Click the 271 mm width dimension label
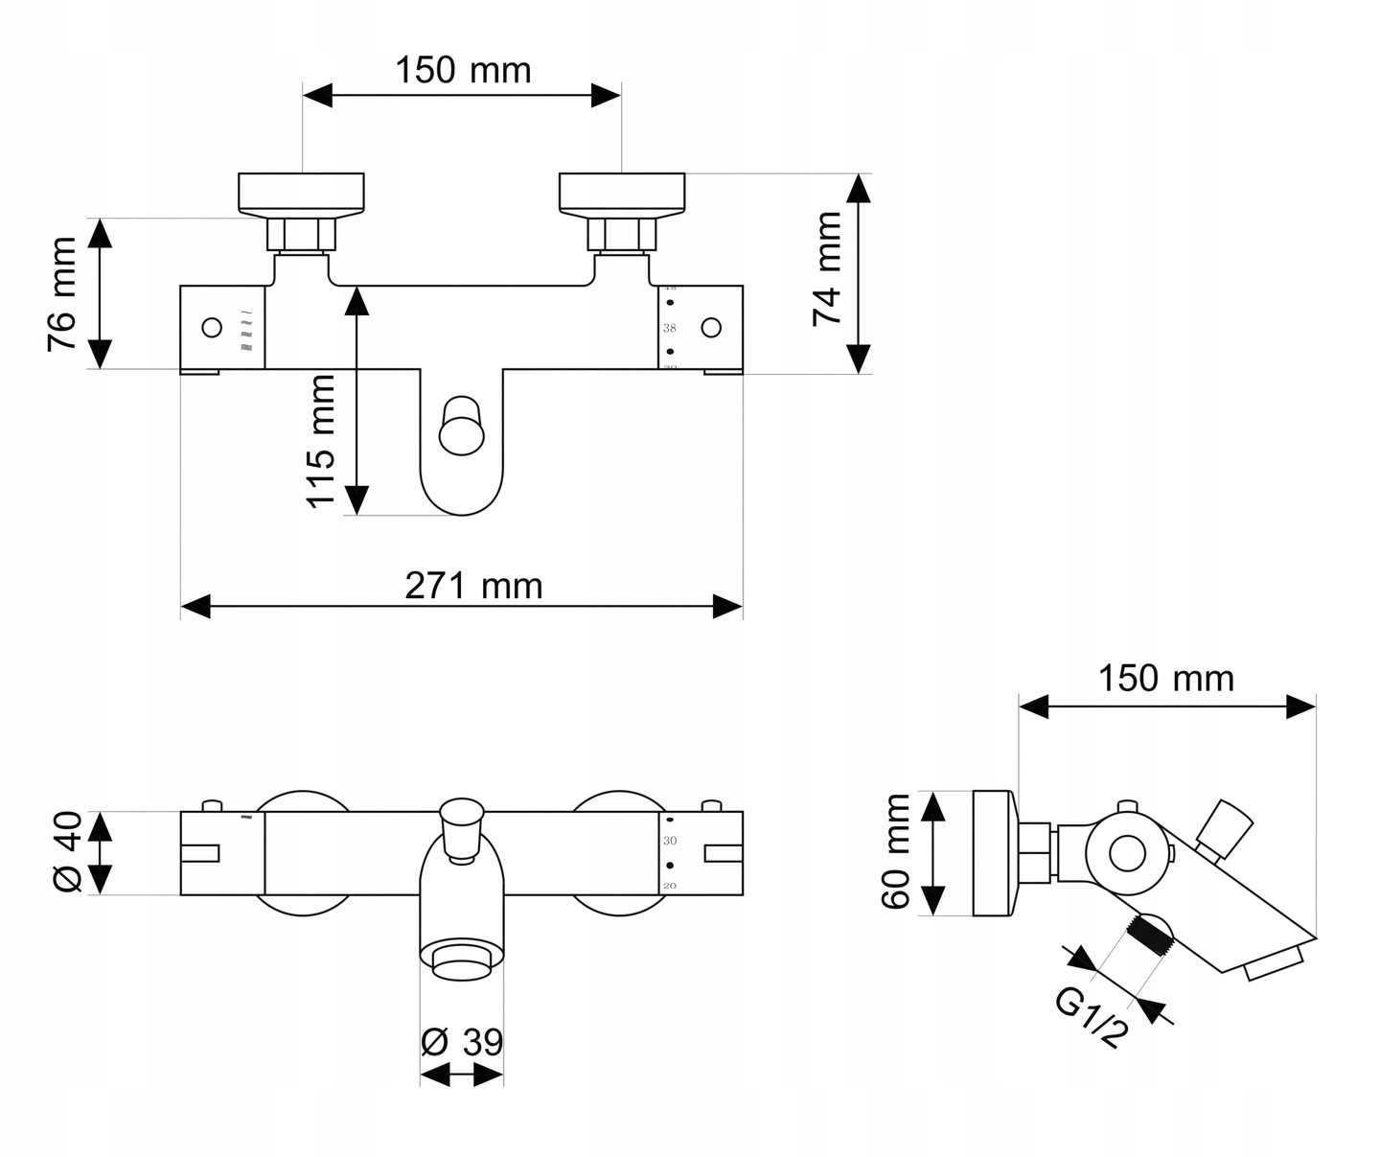click(473, 585)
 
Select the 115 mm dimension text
click(321, 441)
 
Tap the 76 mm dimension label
click(62, 293)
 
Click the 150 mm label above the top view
click(463, 70)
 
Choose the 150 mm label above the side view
click(1165, 679)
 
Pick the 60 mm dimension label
click(898, 851)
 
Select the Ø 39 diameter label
click(462, 1041)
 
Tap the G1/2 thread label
click(1091, 1018)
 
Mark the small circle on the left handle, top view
click(211, 328)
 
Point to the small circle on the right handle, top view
click(710, 328)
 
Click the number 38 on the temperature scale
click(670, 328)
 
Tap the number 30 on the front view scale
click(671, 841)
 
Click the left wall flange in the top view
click(301, 192)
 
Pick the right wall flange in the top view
click(623, 192)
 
